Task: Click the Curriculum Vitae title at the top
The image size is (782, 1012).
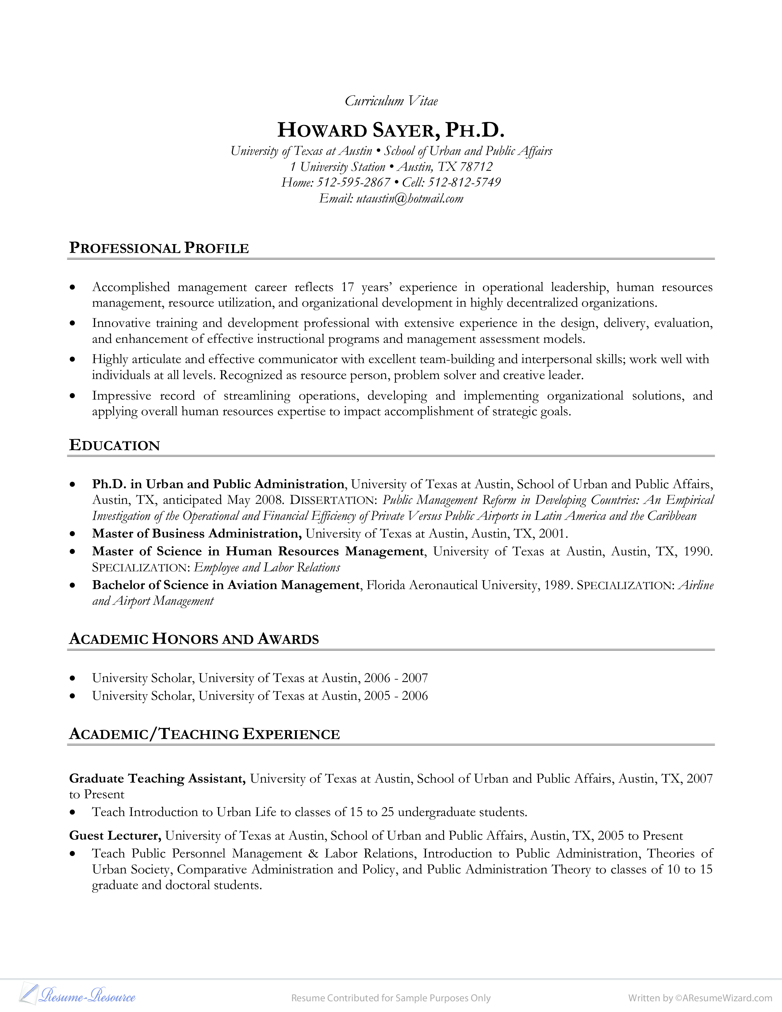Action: point(391,101)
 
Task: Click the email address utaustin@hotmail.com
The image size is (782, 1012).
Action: point(409,199)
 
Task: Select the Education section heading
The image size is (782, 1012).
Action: point(114,445)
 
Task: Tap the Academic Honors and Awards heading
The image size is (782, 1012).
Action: point(194,639)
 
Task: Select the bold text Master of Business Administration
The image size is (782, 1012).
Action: point(197,534)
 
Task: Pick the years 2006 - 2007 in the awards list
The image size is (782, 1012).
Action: point(396,678)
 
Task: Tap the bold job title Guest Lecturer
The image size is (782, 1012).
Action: point(115,835)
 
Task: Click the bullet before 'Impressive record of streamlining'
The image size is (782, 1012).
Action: point(72,396)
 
